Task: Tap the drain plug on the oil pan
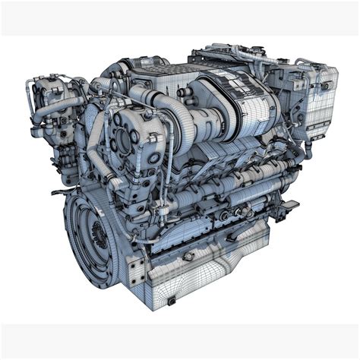(x=172, y=301)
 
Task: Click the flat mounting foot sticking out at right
(x=289, y=205)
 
